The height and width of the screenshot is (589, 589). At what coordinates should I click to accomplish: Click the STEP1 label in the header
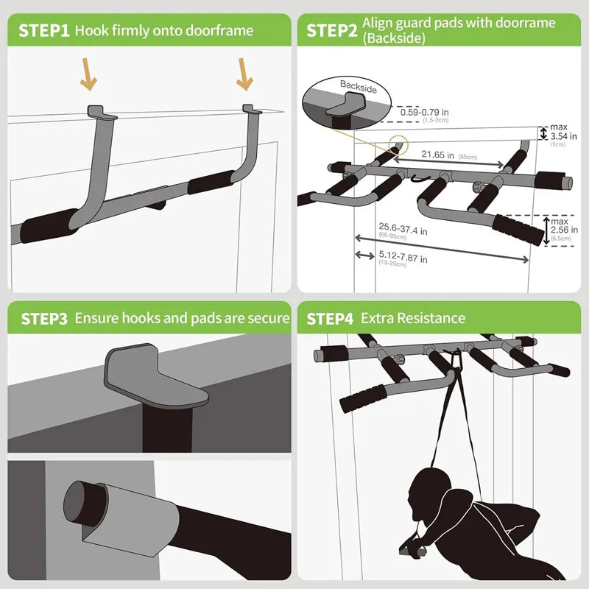pyautogui.click(x=43, y=30)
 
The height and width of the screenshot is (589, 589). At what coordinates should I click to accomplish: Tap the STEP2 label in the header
pyautogui.click(x=332, y=30)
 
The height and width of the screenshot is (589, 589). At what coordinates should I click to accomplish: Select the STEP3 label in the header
pyautogui.click(x=44, y=318)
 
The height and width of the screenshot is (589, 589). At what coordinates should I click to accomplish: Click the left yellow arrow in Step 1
pyautogui.click(x=89, y=76)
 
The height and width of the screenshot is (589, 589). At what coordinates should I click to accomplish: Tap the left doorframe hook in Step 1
pyautogui.click(x=102, y=113)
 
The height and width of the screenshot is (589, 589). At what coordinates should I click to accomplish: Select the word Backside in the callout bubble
pyautogui.click(x=359, y=85)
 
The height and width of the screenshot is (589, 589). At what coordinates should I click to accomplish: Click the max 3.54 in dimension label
pyautogui.click(x=564, y=135)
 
